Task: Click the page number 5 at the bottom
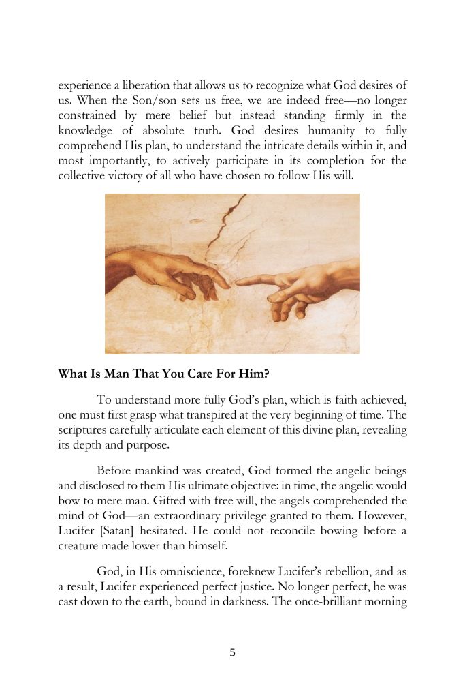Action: tap(232, 652)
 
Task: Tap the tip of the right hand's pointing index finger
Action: tap(238, 281)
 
